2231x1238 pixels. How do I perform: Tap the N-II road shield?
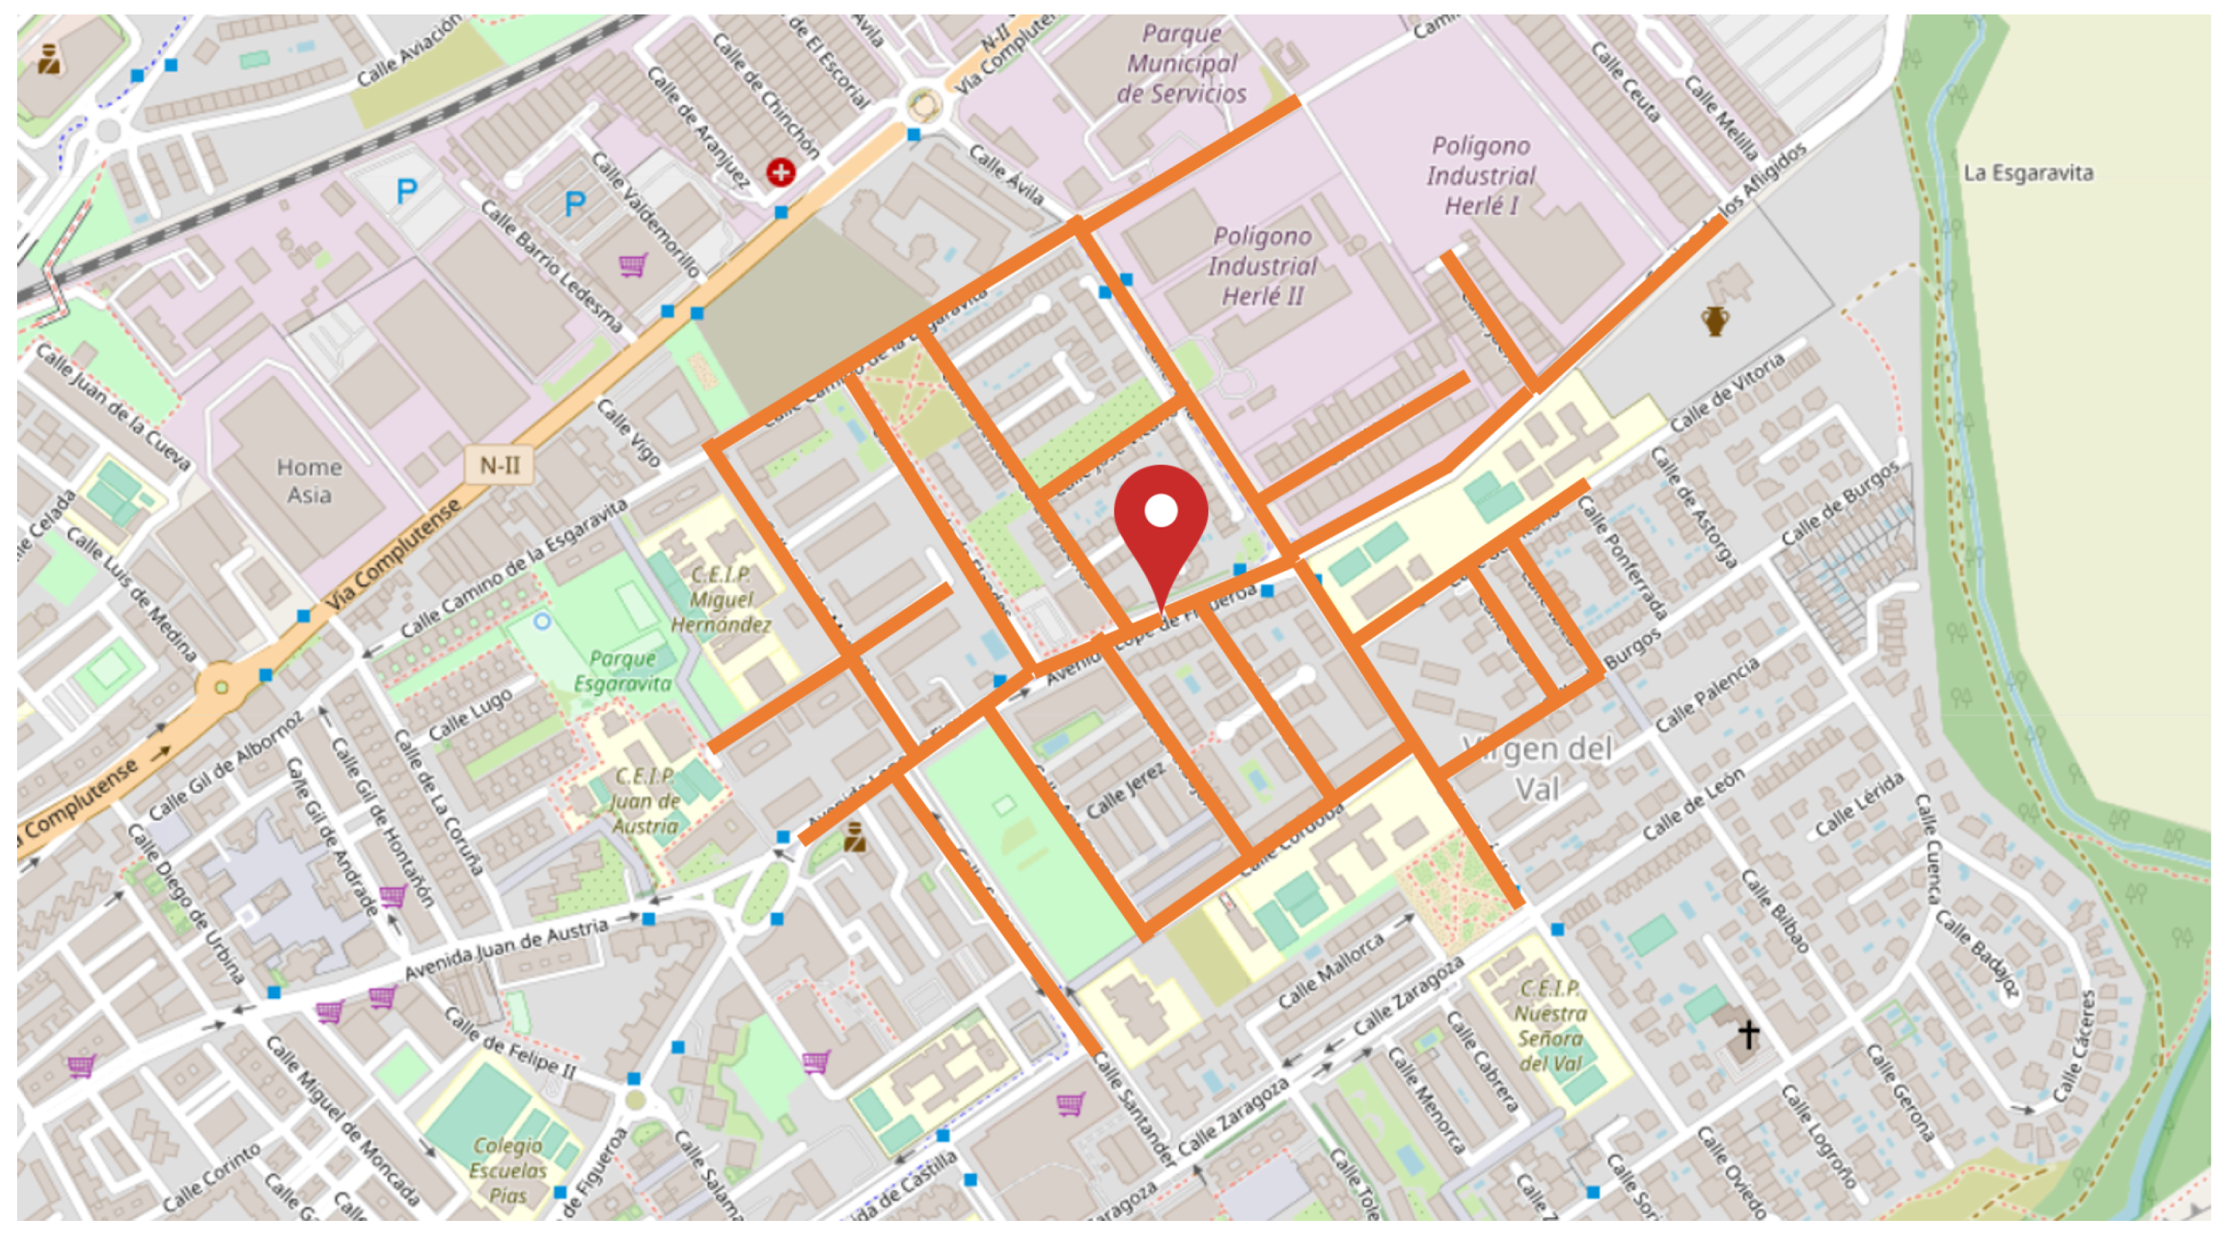tap(499, 466)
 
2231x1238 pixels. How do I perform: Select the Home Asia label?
tap(309, 480)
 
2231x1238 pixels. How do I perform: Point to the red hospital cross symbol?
tap(781, 172)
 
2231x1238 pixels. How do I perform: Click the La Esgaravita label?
tap(2027, 173)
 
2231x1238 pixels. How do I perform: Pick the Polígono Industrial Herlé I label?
tap(1481, 176)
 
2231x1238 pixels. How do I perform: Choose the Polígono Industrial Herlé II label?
tap(1263, 265)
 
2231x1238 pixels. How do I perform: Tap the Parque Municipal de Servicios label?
tap(1181, 64)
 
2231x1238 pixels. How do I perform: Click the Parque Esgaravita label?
tap(623, 671)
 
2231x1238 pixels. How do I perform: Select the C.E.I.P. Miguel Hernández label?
tap(721, 599)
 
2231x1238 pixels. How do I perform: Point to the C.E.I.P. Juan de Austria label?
tap(645, 801)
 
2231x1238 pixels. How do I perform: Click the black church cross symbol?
tap(1749, 1033)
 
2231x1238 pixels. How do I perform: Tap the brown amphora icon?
tap(1715, 320)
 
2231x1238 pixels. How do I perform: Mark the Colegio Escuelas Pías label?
tap(508, 1170)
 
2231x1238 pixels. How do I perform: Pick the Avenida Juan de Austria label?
tap(507, 949)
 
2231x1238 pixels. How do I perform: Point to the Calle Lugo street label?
tap(471, 714)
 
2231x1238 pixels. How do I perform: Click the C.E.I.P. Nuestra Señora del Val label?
tap(1550, 1026)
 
